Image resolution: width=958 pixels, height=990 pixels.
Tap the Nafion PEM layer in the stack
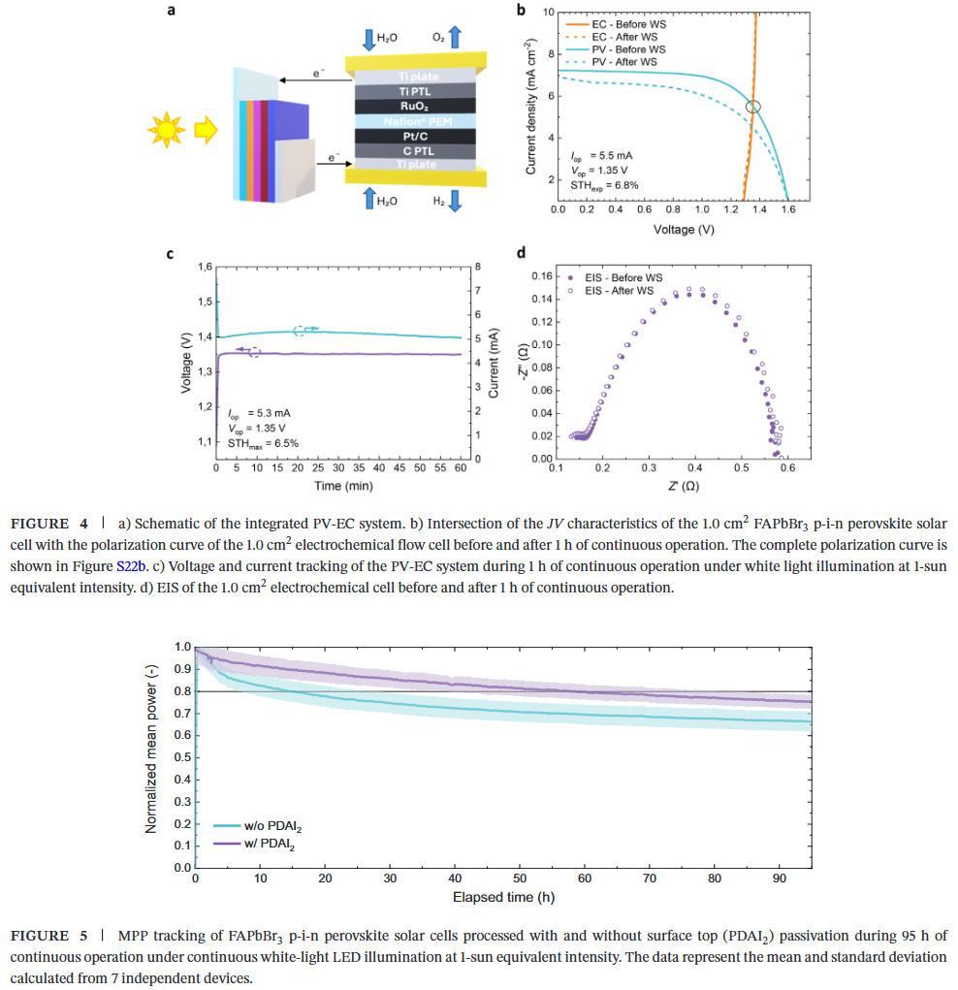(414, 122)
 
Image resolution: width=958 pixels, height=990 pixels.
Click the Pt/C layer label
(414, 137)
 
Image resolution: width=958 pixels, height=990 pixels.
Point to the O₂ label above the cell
(438, 37)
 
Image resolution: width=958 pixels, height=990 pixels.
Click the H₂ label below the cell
(438, 200)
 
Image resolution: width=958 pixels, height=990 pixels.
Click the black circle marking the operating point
(753, 107)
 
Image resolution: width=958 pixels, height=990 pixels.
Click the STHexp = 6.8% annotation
(603, 184)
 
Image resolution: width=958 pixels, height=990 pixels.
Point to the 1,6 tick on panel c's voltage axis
(205, 267)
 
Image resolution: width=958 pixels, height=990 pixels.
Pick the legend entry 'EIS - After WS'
(619, 290)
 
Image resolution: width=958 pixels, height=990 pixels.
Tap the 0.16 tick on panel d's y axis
(541, 276)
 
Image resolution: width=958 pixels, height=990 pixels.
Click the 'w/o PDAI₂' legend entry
(266, 826)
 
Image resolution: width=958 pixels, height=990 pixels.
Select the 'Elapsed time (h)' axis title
(503, 897)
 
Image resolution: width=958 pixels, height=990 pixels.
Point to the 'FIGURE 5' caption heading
(54, 936)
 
